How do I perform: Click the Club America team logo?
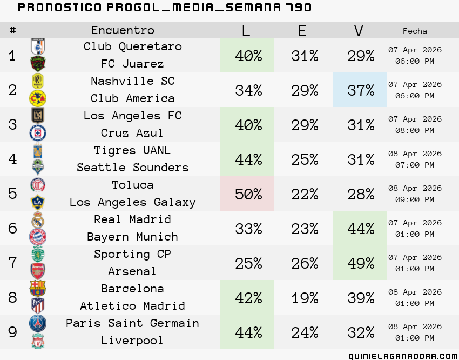[x=38, y=98]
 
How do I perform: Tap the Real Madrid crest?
[x=38, y=219]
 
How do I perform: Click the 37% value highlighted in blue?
[x=361, y=90]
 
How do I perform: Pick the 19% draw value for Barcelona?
[x=305, y=298]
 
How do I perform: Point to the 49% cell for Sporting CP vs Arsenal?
[x=361, y=263]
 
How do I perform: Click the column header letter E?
[x=302, y=30]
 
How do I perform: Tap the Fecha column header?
[x=415, y=31]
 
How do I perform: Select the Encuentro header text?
[x=123, y=30]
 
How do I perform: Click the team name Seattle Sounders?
[x=133, y=168]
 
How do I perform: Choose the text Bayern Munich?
[x=133, y=237]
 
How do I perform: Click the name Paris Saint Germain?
[x=133, y=323]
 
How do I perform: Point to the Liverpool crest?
[x=38, y=341]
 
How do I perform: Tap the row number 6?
[x=12, y=228]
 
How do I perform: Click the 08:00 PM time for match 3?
[x=415, y=130]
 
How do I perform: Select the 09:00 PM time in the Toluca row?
[x=415, y=199]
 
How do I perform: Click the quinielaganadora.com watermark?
[x=403, y=356]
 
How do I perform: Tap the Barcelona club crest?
[x=38, y=289]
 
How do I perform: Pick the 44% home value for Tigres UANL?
[x=248, y=159]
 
